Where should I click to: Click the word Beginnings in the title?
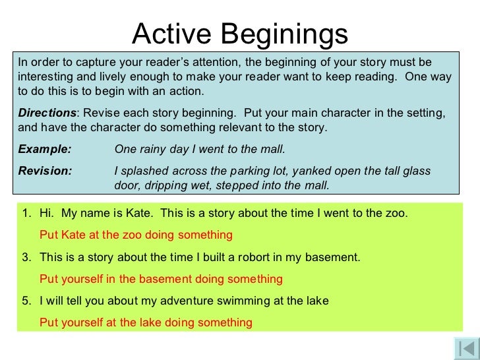284,34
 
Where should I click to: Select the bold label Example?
45,148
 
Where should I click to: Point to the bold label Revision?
45,171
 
